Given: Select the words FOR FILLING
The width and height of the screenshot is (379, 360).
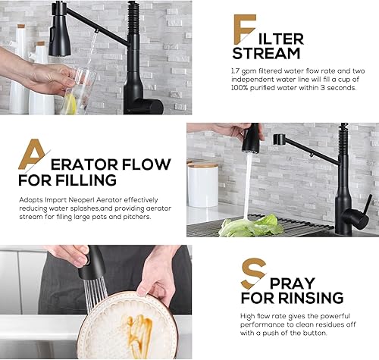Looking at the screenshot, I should click(x=68, y=180).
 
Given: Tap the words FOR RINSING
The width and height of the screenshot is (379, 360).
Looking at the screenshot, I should click(x=292, y=298).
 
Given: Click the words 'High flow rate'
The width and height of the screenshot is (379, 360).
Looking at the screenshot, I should click(x=260, y=315).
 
